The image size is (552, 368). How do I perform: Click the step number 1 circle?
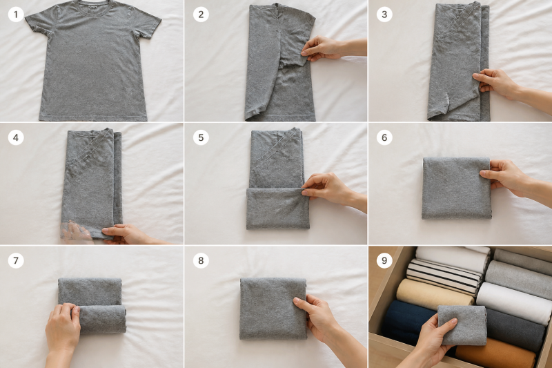point(16,14)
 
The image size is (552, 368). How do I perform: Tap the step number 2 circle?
point(201,14)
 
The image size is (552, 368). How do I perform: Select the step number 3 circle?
point(384,14)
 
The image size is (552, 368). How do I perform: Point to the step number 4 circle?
point(16,137)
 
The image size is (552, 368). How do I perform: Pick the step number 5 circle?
point(201,137)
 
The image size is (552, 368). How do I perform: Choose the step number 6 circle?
point(384,137)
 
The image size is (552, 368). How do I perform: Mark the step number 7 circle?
point(16,260)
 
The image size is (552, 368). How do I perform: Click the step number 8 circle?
point(201,260)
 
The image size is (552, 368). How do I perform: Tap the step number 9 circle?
point(384,260)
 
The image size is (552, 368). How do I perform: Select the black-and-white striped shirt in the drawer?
point(444,277)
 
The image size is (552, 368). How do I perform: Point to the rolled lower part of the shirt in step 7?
point(102,319)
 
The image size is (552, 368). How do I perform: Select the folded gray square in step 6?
point(456,188)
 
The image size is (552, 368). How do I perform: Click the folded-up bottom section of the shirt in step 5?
point(278,209)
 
